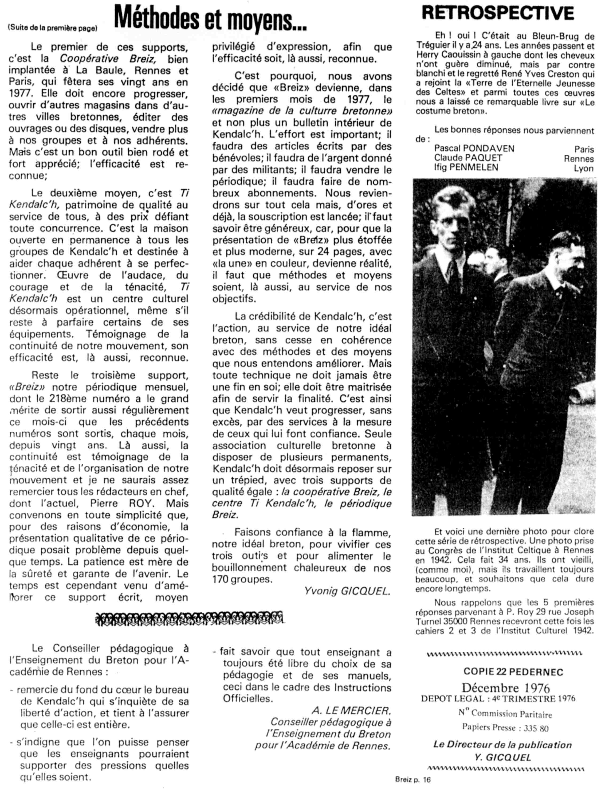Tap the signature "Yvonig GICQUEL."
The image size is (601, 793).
point(347,591)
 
